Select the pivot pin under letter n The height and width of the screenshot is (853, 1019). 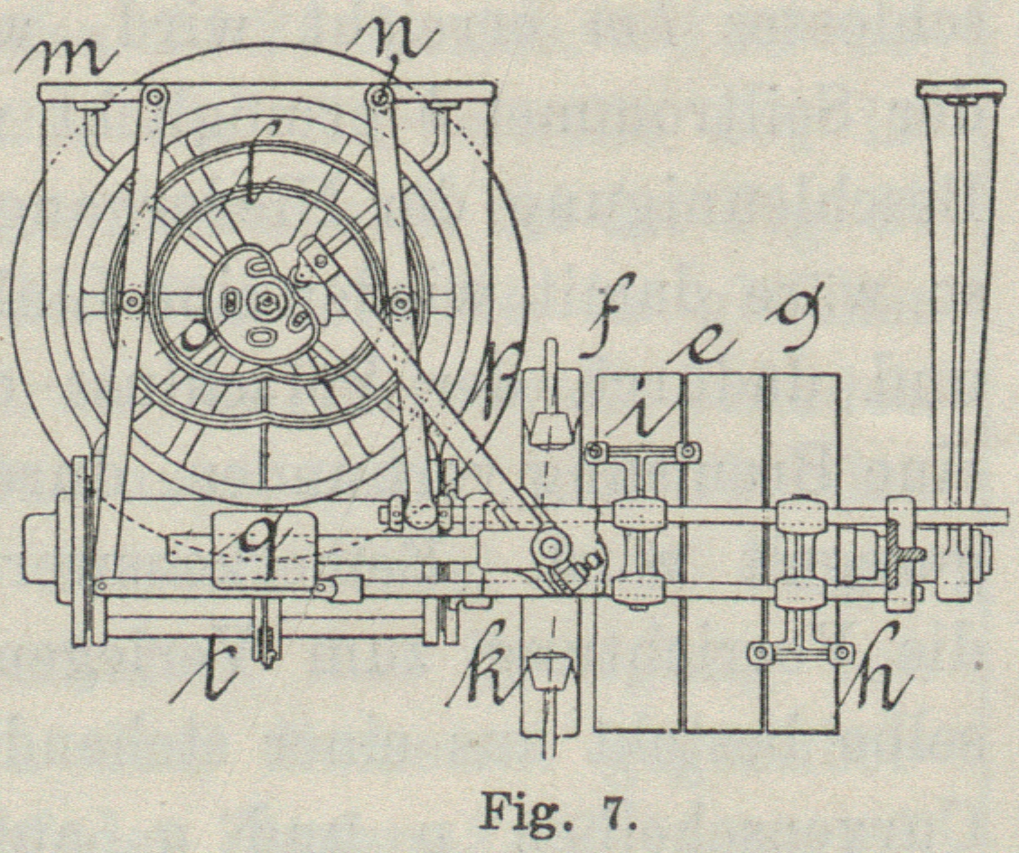point(380,94)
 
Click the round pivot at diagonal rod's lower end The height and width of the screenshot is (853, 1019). point(549,546)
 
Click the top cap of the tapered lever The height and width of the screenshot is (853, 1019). point(959,89)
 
